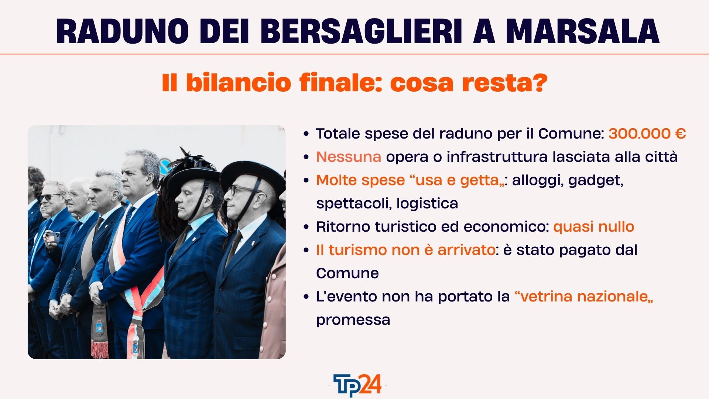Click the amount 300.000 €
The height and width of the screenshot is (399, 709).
(x=647, y=133)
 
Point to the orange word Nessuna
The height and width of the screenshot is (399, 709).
(x=349, y=157)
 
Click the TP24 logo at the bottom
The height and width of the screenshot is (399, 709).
(x=357, y=385)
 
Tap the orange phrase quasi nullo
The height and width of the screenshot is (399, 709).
(x=594, y=227)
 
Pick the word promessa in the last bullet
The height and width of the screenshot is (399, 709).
(x=353, y=320)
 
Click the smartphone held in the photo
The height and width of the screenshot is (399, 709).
(x=52, y=237)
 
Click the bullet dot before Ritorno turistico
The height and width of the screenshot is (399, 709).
(x=306, y=227)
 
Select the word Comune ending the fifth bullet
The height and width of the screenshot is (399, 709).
(x=347, y=273)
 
